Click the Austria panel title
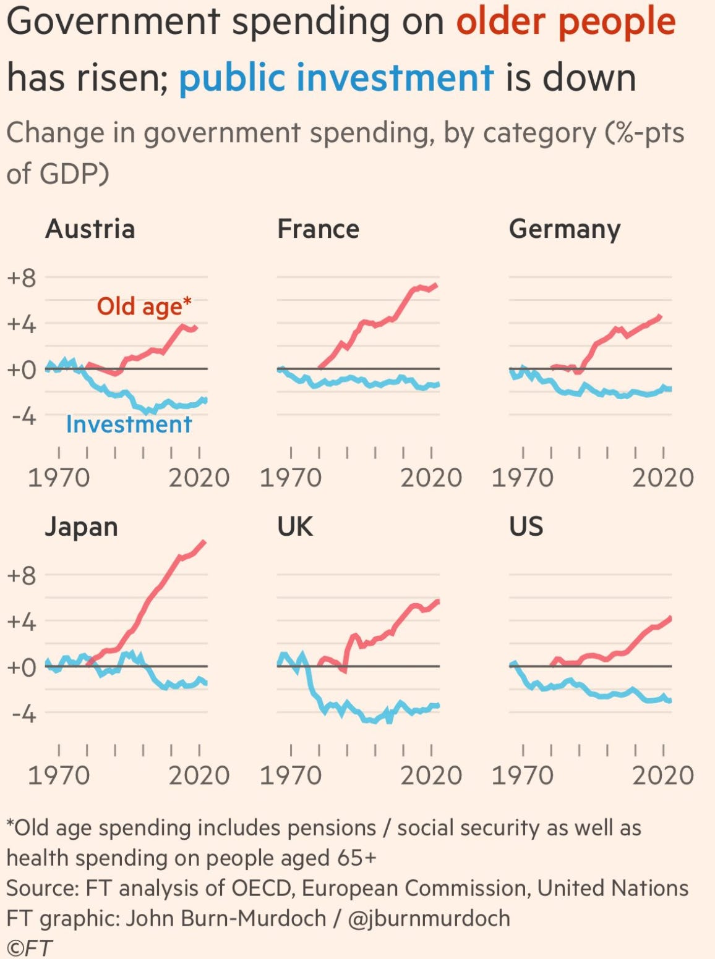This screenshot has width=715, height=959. click(90, 229)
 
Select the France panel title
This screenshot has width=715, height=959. click(318, 229)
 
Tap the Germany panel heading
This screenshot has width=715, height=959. click(564, 230)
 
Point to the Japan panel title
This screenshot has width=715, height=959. click(81, 527)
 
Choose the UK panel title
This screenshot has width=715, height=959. click(295, 526)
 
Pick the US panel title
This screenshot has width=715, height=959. click(526, 526)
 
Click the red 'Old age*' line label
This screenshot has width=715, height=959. click(144, 306)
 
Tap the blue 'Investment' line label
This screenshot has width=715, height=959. click(129, 425)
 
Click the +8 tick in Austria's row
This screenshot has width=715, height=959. click(21, 278)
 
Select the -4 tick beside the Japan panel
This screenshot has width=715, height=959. click(24, 714)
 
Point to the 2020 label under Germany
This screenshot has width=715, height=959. click(663, 478)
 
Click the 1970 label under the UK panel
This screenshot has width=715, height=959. click(291, 775)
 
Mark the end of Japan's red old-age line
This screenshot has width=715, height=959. click(205, 542)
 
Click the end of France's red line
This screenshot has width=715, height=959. click(437, 285)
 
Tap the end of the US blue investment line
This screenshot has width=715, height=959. click(670, 701)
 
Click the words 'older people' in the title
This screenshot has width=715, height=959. click(566, 22)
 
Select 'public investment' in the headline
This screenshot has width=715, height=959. click(336, 78)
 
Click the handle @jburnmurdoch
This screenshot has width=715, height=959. click(429, 918)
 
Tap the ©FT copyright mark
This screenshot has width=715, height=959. click(29, 947)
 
